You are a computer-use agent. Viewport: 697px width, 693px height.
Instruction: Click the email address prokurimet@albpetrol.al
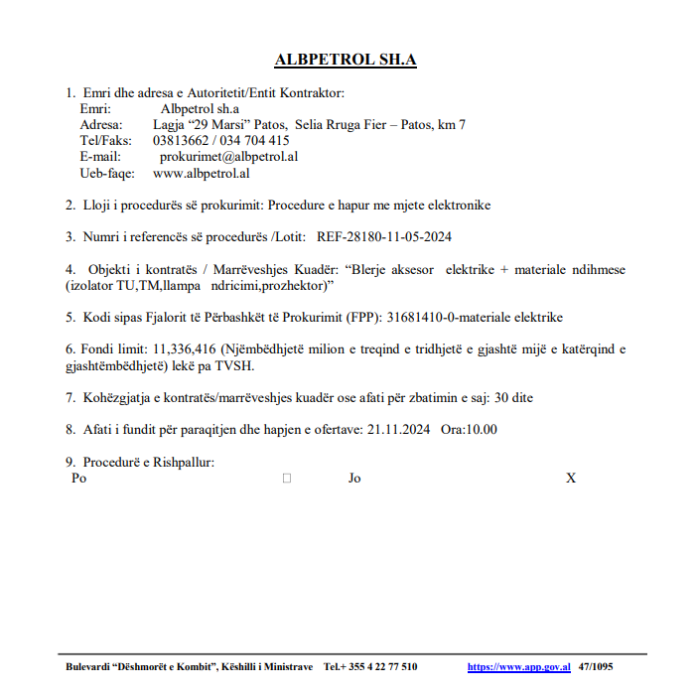[x=229, y=157]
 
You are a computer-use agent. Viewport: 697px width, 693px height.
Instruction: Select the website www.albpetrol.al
[x=201, y=173]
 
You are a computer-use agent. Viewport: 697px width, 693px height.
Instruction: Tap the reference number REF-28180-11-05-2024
[x=384, y=237]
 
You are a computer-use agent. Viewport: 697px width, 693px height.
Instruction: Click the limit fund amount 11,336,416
[x=185, y=349]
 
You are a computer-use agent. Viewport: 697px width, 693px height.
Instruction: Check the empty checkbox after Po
[x=287, y=479]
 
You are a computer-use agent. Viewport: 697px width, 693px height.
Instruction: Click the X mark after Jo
[x=571, y=479]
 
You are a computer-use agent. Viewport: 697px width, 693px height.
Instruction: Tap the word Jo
[x=354, y=479]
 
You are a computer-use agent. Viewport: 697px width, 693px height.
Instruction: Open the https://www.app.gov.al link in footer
[x=518, y=667]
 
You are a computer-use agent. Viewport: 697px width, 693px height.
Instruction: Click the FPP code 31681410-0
[x=428, y=318]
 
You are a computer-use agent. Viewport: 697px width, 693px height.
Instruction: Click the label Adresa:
[x=101, y=125]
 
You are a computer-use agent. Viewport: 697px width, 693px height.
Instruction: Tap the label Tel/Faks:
[x=105, y=141]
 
